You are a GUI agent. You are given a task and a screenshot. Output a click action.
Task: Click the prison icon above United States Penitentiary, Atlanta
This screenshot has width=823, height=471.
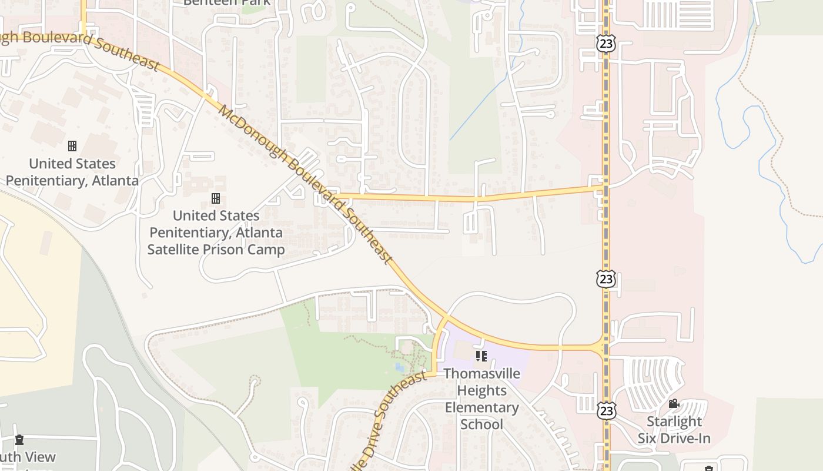[72, 145]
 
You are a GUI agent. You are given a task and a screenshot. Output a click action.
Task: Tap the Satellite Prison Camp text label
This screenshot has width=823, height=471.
[216, 233]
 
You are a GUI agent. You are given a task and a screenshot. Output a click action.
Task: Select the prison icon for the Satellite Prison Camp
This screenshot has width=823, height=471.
[216, 198]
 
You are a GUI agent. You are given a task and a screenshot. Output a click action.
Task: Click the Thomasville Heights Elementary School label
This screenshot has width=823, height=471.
[481, 399]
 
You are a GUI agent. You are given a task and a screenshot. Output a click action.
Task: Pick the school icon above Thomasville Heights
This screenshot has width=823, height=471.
[481, 356]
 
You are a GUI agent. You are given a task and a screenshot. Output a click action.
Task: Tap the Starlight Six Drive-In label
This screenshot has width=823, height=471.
[674, 430]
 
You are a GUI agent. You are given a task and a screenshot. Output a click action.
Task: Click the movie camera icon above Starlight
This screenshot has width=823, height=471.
[674, 404]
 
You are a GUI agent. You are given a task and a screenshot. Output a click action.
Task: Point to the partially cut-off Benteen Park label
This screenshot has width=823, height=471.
[226, 3]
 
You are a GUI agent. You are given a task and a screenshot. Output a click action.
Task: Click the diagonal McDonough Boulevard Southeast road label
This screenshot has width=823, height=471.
[304, 183]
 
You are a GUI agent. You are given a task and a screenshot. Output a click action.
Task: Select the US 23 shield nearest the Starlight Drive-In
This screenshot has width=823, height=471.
[606, 410]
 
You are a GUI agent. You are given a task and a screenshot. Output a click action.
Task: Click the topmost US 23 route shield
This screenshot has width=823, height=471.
[605, 43]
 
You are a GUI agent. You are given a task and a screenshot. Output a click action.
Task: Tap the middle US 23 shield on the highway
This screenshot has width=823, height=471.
[606, 278]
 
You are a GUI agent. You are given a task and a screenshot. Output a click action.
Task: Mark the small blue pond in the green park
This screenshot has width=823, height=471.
[400, 368]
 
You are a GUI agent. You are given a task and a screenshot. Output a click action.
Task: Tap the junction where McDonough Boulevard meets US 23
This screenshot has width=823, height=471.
[604, 348]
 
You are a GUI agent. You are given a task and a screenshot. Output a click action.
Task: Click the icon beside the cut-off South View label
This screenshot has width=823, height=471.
[19, 440]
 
